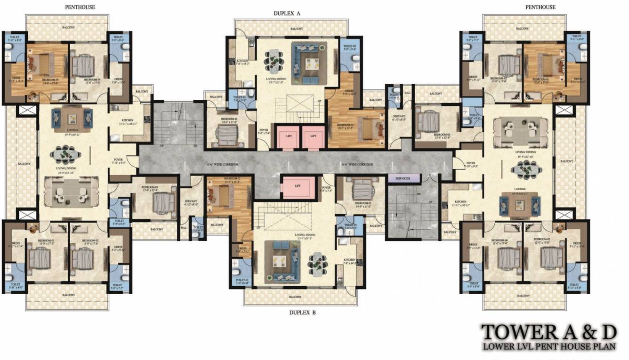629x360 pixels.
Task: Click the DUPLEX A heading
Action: (x=287, y=14)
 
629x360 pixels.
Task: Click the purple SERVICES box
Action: (x=403, y=178)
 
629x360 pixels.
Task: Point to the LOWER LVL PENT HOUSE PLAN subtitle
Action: (x=548, y=347)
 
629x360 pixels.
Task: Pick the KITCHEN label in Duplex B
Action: (x=349, y=260)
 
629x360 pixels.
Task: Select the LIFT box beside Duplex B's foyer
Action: (x=298, y=186)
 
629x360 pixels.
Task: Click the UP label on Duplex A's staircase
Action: (x=320, y=101)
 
